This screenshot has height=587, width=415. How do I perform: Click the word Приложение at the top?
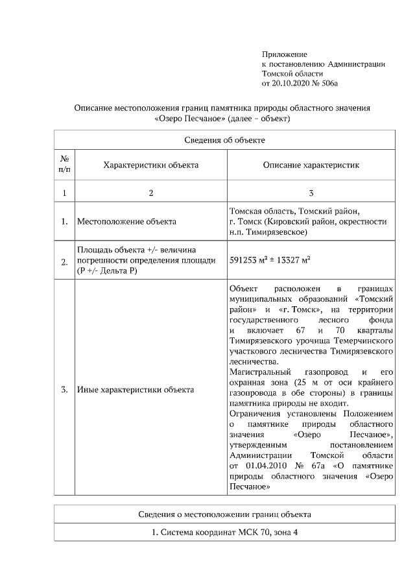point(284,54)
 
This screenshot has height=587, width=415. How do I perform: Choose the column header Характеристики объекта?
point(150,165)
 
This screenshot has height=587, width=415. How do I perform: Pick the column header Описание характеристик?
point(311,165)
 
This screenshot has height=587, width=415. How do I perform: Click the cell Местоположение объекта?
point(126,221)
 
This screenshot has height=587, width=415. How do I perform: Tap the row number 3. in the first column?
point(64,390)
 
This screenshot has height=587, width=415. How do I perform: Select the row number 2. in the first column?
point(64,262)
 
